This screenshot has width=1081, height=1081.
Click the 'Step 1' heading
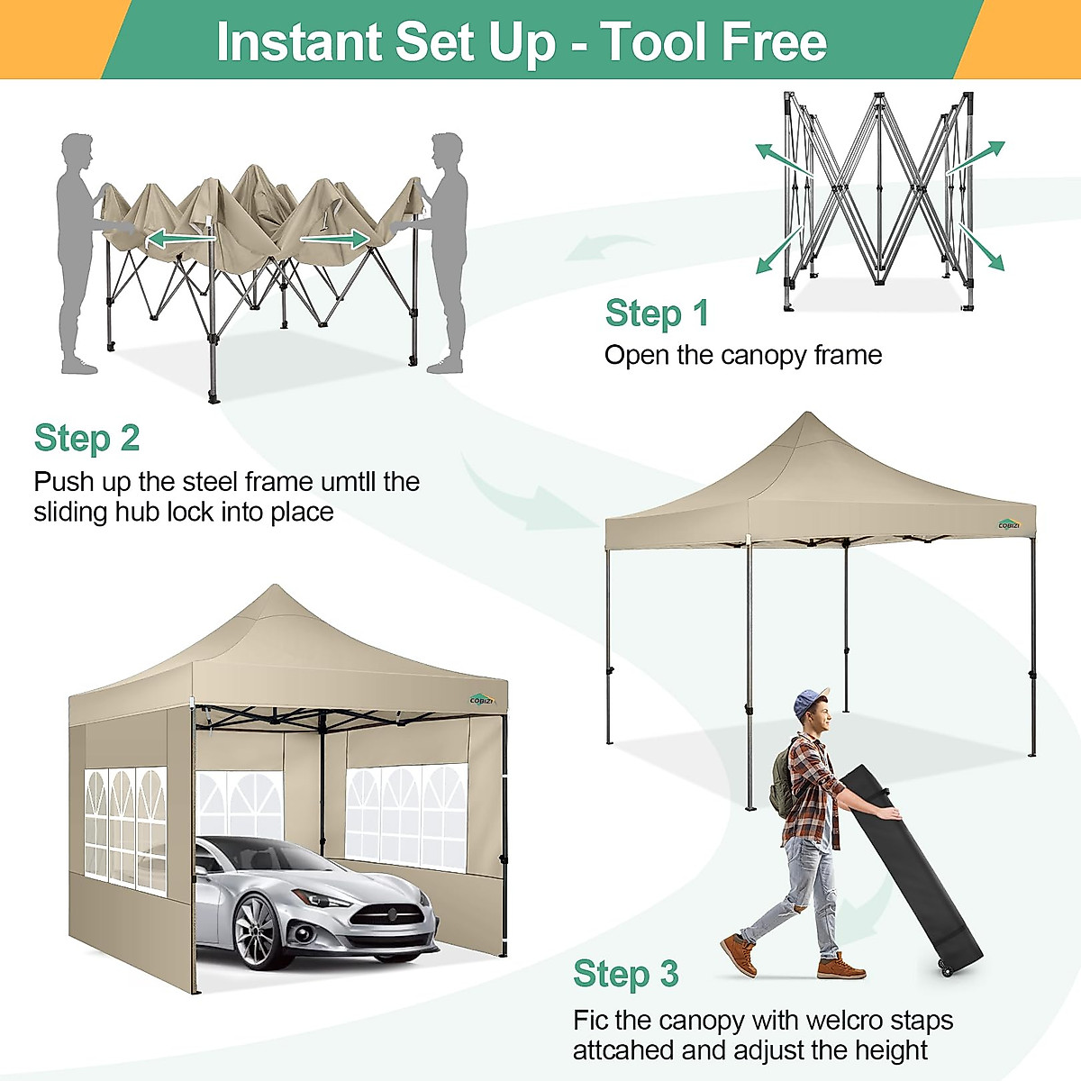(x=657, y=313)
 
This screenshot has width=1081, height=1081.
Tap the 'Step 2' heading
(x=86, y=438)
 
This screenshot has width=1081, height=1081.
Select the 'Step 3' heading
(x=625, y=974)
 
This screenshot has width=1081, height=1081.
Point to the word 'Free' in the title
(x=775, y=41)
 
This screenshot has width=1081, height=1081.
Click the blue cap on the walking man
(x=811, y=701)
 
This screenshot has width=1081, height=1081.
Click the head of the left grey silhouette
(x=77, y=150)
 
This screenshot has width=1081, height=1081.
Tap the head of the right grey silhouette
(x=447, y=150)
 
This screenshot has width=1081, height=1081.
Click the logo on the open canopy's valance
(x=1009, y=524)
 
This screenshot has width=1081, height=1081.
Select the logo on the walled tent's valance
(x=482, y=699)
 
